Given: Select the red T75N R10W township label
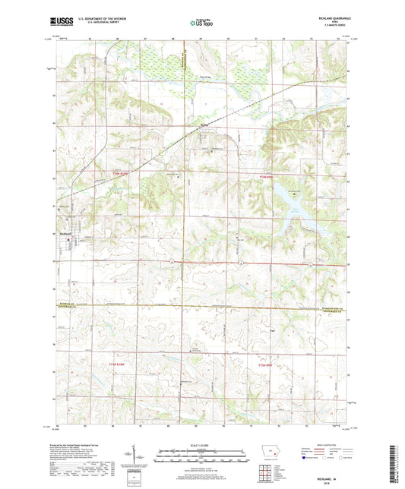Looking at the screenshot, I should pyautogui.click(x=110, y=176).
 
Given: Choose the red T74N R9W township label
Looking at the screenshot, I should pyautogui.click(x=264, y=367).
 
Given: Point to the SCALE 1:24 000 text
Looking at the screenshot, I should pyautogui.click(x=202, y=444).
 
